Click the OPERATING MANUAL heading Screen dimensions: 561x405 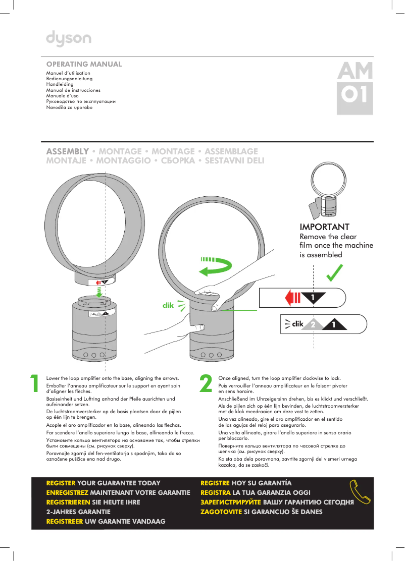point(84,65)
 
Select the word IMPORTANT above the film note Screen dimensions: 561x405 point(324,227)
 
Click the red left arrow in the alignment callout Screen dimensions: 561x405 point(293,298)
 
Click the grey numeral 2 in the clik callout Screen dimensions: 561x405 point(313,324)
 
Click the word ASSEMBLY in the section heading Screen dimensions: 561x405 point(68,151)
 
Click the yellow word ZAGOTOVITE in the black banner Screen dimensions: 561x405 point(222,512)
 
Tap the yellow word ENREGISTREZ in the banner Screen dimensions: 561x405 point(68,492)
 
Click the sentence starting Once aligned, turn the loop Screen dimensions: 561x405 point(279,378)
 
